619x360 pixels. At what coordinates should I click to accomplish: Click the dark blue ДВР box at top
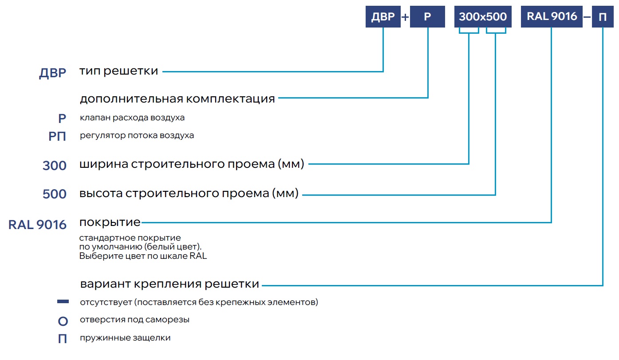(x=382, y=17)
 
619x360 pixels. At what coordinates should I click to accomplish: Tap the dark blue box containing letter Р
(x=427, y=17)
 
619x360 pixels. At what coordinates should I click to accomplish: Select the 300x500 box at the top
(x=483, y=17)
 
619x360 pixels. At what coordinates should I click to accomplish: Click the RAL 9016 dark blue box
(x=552, y=17)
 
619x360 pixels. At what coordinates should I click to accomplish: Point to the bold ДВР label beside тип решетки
(x=53, y=74)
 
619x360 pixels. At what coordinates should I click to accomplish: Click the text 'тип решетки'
(x=118, y=71)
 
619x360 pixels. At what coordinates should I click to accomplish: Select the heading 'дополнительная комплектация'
(x=177, y=99)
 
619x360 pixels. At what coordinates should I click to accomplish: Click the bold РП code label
(x=57, y=137)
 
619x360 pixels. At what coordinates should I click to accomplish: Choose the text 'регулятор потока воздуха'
(x=137, y=135)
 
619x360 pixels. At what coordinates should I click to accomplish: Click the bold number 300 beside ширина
(x=55, y=166)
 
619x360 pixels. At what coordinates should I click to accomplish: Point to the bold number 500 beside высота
(x=55, y=194)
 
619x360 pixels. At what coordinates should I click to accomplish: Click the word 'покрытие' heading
(x=110, y=222)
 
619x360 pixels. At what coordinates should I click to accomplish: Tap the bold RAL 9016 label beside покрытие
(x=37, y=225)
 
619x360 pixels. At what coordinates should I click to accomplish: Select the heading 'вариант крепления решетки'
(x=170, y=284)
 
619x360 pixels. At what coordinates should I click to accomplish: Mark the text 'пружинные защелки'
(x=125, y=338)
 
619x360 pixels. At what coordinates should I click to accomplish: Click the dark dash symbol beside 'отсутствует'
(x=63, y=302)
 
